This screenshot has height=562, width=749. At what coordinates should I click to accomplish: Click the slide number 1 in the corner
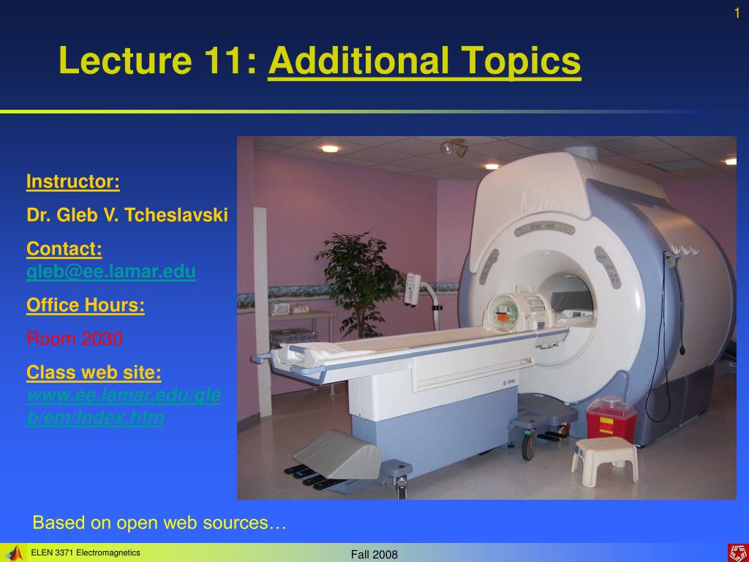pos(737,13)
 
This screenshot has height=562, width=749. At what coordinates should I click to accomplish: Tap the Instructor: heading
pos(73,181)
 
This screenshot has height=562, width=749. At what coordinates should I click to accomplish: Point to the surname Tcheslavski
pos(176,215)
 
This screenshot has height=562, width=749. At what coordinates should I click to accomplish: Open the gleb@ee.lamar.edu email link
pos(111,271)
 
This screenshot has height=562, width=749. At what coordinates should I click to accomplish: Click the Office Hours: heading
pos(86,305)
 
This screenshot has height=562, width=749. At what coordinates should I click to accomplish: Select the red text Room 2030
pos(75,339)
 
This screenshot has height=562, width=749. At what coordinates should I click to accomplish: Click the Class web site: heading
pos(94,372)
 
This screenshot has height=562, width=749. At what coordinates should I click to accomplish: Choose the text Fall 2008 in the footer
pos(374,555)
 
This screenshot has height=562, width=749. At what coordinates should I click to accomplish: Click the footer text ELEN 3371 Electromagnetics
pos(86,552)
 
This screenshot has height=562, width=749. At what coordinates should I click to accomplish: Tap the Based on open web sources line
pos(159,522)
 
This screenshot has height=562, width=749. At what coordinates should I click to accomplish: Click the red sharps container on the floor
pos(611,419)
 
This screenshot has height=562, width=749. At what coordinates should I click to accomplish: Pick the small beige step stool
pos(605,460)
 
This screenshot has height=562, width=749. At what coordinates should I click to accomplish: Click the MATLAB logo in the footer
pos(14,553)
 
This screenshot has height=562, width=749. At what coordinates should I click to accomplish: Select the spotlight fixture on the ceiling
pos(455,148)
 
